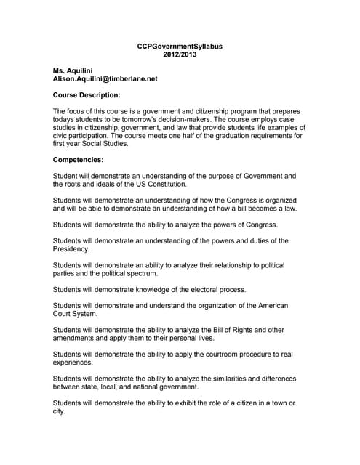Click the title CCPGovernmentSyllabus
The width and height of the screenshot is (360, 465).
[180, 46]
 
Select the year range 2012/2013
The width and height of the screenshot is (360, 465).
[180, 55]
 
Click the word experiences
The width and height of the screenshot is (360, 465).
[73, 362]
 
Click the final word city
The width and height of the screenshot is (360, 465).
[59, 411]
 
